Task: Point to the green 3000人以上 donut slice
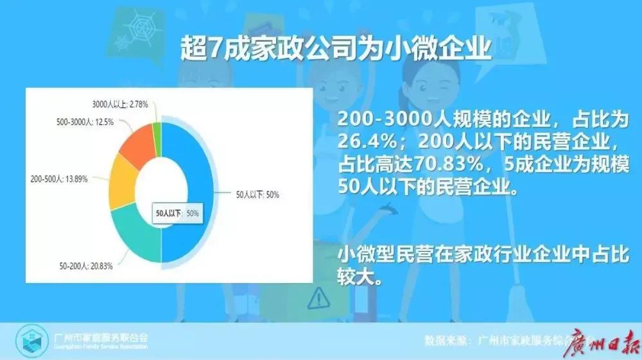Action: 156,130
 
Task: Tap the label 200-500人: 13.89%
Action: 58,179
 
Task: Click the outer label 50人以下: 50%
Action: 257,194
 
